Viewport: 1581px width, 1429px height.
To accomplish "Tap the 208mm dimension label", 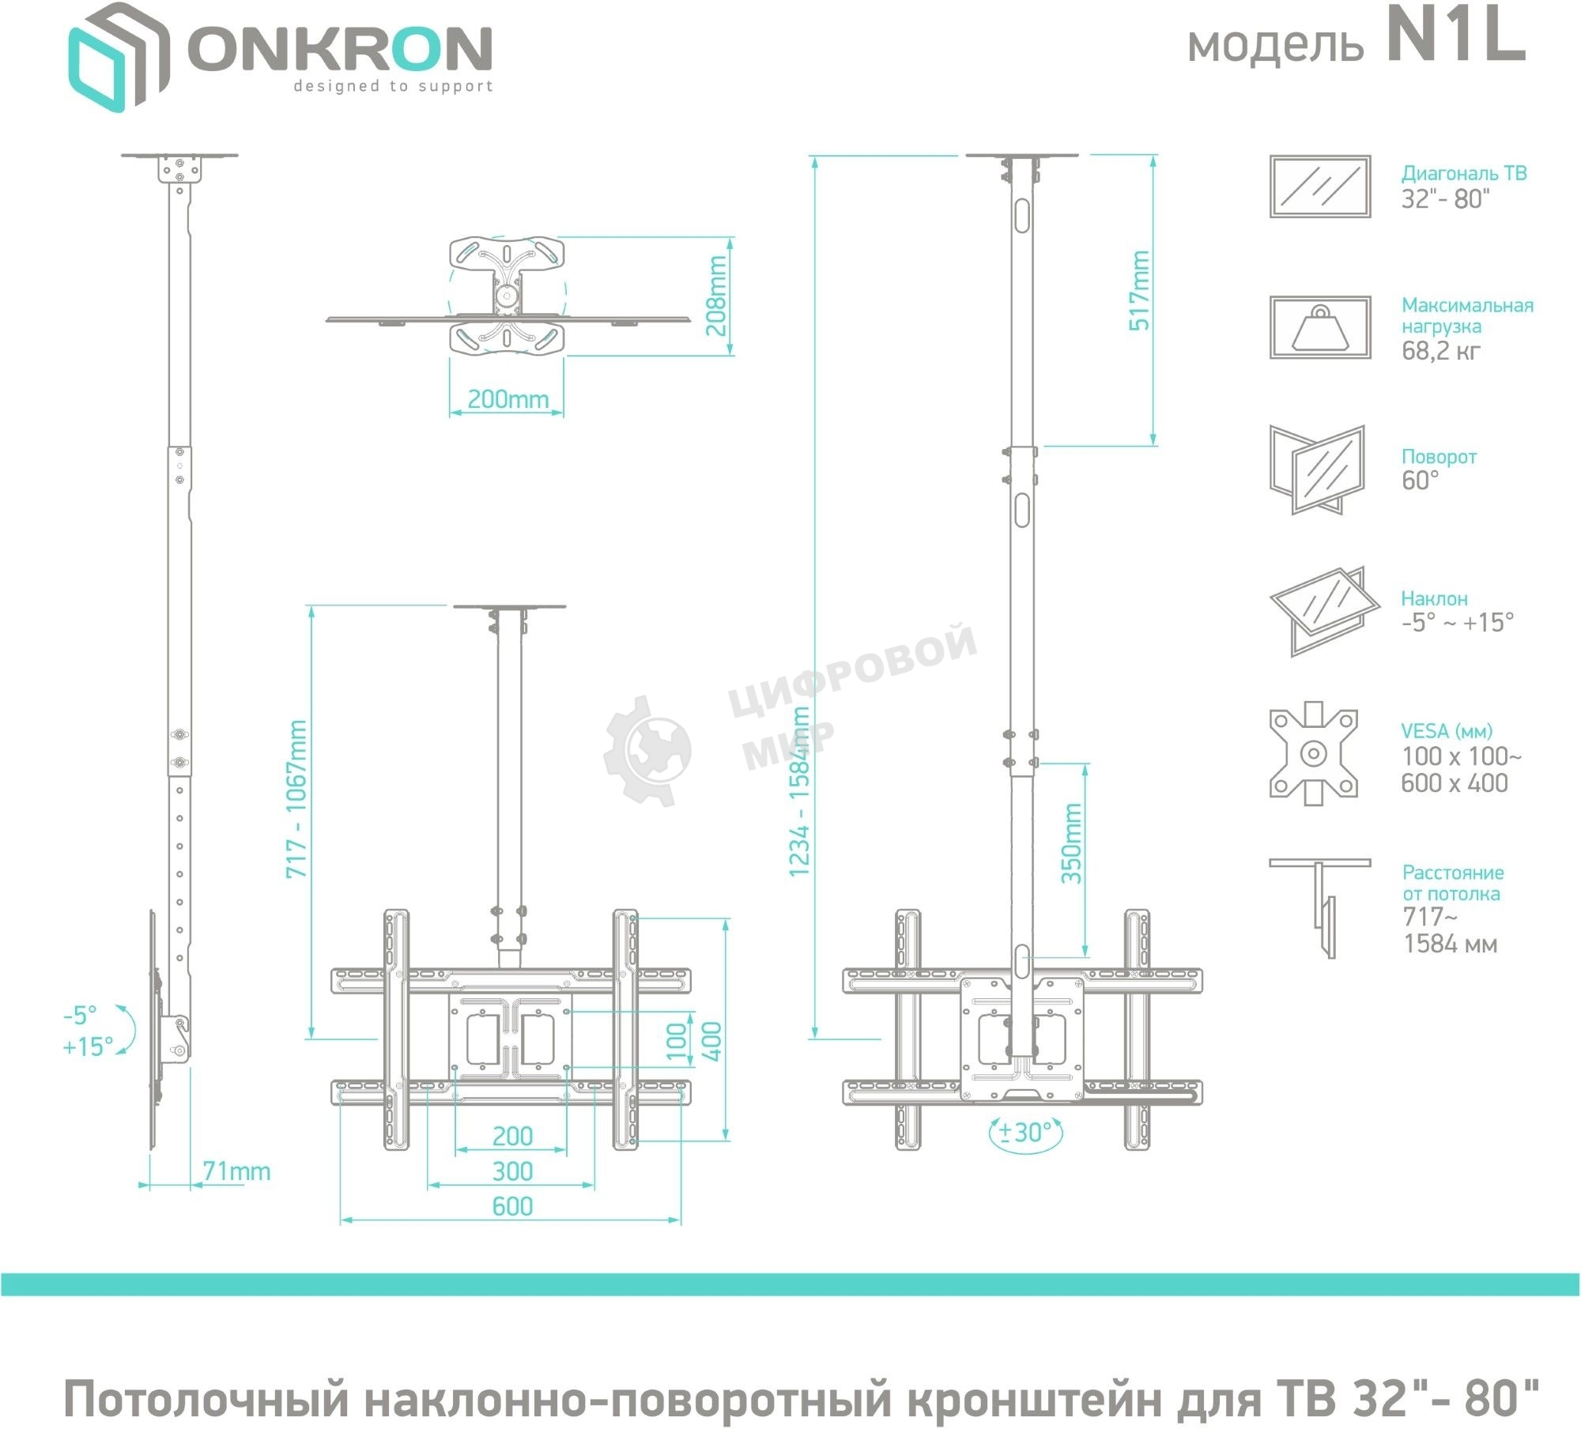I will pyautogui.click(x=717, y=296).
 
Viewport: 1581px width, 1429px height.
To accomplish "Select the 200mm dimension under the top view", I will pyautogui.click(x=508, y=399).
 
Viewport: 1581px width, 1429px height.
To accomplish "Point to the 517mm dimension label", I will pyautogui.click(x=1139, y=291).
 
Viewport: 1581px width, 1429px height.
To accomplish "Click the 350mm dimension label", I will pyautogui.click(x=1071, y=843).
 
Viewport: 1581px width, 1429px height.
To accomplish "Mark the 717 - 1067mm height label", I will pyautogui.click(x=296, y=799).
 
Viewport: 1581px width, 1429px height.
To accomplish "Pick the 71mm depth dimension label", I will pyautogui.click(x=236, y=1171).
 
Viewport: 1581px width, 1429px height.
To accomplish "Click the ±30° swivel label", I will pyautogui.click(x=1026, y=1133).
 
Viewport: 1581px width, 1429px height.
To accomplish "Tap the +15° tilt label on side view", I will pyautogui.click(x=88, y=1047).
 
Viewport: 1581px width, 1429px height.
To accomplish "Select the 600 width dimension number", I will pyautogui.click(x=511, y=1206).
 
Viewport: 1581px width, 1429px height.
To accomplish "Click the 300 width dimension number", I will pyautogui.click(x=511, y=1171).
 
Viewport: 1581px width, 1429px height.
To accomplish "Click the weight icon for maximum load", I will pyautogui.click(x=1319, y=327).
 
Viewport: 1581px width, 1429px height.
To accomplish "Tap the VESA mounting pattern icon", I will pyautogui.click(x=1313, y=753).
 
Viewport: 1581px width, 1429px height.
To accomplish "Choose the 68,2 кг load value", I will pyautogui.click(x=1440, y=351).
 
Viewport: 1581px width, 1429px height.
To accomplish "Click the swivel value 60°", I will pyautogui.click(x=1420, y=481).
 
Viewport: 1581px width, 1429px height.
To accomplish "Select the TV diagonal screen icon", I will pyautogui.click(x=1319, y=186).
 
